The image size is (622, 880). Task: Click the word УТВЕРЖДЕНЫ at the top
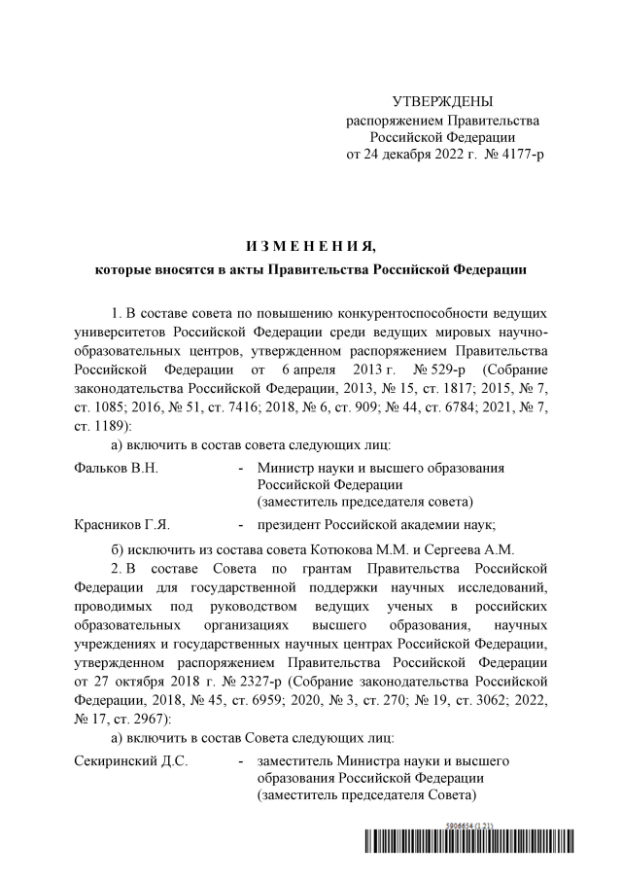click(442, 102)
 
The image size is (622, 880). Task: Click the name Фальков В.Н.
click(116, 468)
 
